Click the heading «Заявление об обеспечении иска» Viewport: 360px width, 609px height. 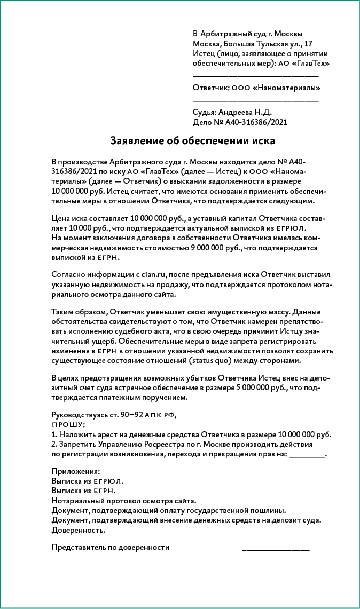[192, 141]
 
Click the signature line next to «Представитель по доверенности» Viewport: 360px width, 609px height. [276, 548]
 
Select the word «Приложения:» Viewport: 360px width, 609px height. [76, 472]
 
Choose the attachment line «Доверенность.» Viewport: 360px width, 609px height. [79, 530]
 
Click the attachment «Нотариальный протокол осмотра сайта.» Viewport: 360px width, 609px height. [124, 501]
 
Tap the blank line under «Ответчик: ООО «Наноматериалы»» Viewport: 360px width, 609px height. [256, 100]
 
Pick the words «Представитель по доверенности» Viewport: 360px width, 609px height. [111, 547]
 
